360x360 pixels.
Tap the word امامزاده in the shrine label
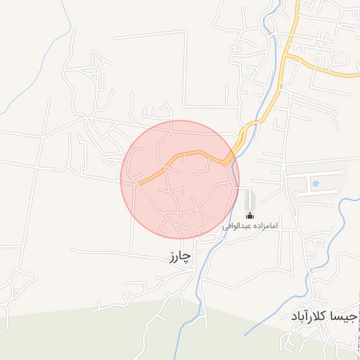pyautogui.click(x=264, y=226)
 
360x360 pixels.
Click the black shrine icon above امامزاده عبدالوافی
pyautogui.click(x=250, y=215)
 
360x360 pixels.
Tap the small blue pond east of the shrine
pyautogui.click(x=314, y=184)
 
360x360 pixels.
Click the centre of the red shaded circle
pyautogui.click(x=180, y=179)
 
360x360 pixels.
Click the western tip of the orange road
pyautogui.click(x=139, y=184)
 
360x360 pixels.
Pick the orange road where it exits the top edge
pyautogui.click(x=298, y=3)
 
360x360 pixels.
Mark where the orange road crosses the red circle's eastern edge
pyautogui.click(x=229, y=160)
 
